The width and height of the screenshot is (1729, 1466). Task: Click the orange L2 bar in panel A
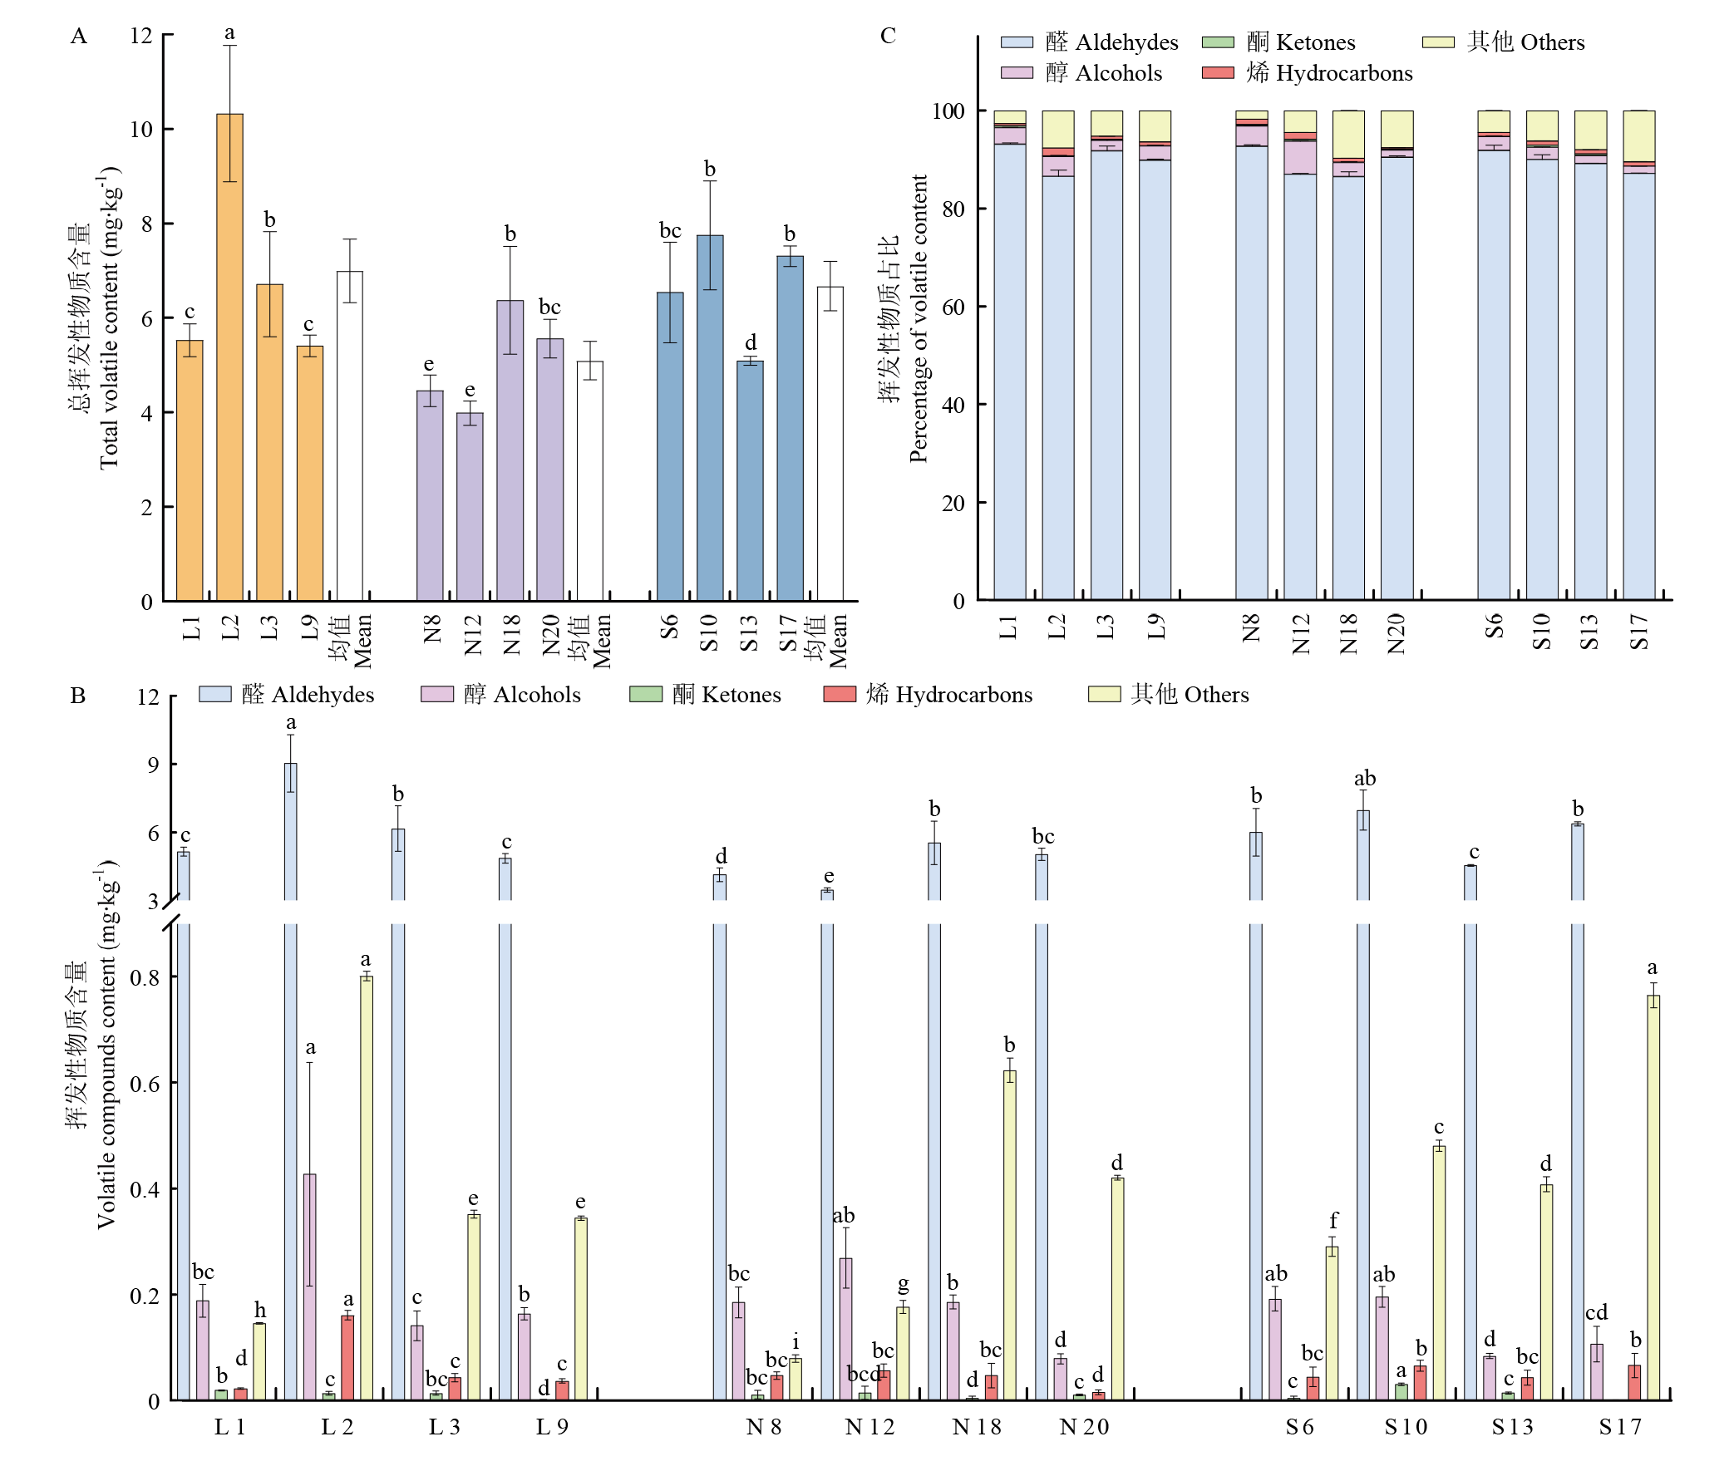(x=229, y=357)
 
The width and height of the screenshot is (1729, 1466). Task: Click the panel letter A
(x=79, y=36)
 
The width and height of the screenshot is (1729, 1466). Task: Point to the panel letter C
(x=888, y=36)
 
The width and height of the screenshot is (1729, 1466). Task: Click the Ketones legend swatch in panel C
(x=1218, y=42)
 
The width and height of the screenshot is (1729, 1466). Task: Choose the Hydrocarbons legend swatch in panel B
(x=840, y=694)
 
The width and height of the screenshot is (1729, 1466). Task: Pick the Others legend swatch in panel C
(x=1438, y=42)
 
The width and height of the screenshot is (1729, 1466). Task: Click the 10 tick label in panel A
(x=141, y=130)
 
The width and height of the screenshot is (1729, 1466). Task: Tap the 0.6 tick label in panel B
(x=145, y=1084)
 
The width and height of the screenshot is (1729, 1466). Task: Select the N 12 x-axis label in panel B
(x=869, y=1428)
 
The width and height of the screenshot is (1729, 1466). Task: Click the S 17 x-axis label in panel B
(x=1620, y=1428)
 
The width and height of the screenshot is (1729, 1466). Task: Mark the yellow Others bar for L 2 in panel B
(x=367, y=1188)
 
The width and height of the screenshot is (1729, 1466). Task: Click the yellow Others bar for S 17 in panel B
(x=1653, y=1198)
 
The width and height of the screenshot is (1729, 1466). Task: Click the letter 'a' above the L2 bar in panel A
(x=229, y=33)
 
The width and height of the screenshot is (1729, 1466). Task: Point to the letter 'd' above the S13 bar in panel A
(x=751, y=342)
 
